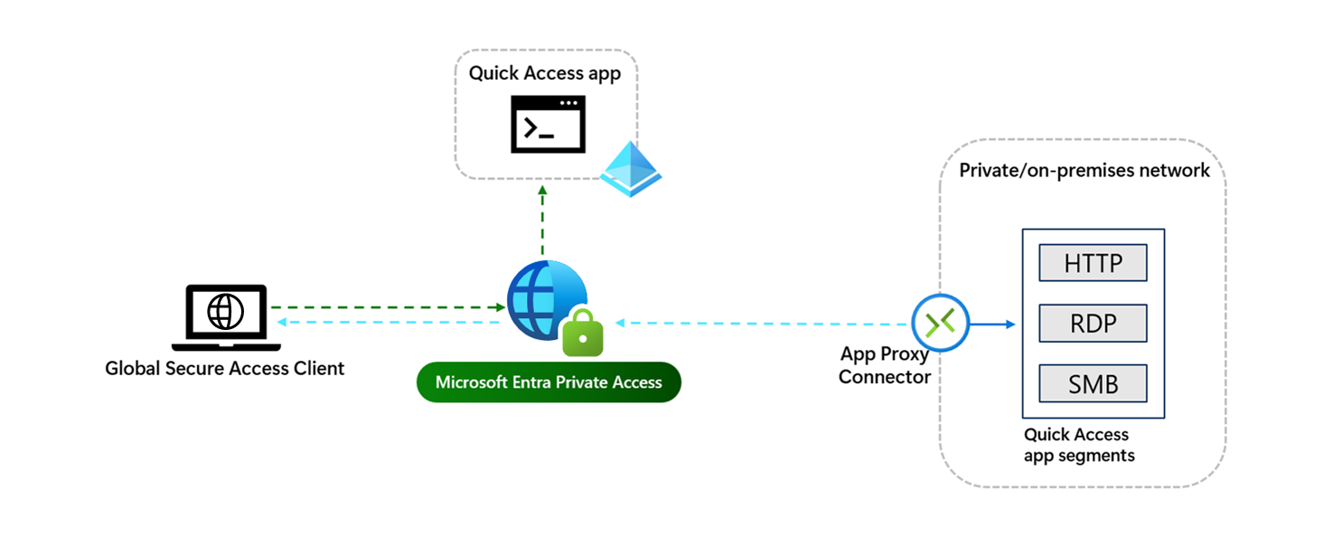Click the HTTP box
point(1093,263)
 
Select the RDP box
point(1093,324)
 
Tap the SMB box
point(1093,383)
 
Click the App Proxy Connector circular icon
point(940,322)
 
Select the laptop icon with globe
point(225,316)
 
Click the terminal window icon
point(542,125)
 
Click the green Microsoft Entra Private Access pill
point(549,382)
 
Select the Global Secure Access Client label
point(225,368)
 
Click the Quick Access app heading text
point(545,73)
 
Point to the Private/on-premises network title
point(1084,170)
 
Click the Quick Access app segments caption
point(1078,445)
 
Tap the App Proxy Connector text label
point(884,365)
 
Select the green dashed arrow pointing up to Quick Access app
point(542,221)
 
